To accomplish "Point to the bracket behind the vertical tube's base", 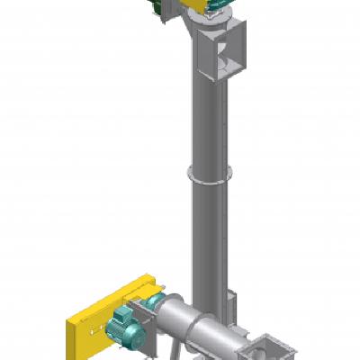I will (x=233, y=301).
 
